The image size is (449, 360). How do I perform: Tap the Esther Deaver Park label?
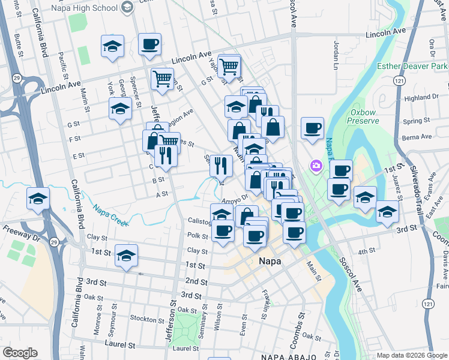tap(412, 65)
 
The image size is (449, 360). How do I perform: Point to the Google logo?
tap(20, 353)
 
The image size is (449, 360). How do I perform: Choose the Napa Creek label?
tap(110, 215)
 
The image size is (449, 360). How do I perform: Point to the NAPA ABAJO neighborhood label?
tap(288, 357)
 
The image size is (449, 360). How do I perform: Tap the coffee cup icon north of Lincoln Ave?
tap(149, 44)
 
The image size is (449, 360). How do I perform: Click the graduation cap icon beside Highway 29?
tap(38, 198)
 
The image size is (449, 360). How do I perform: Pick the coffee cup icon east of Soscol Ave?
tap(312, 128)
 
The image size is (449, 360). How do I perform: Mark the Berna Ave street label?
tap(418, 137)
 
